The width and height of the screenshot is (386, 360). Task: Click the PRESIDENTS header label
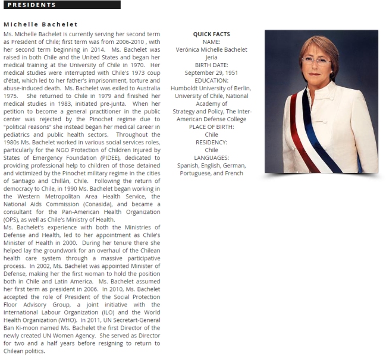point(32,5)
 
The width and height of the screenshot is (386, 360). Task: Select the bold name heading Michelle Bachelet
point(40,24)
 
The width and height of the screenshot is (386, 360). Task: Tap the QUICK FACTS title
point(211,34)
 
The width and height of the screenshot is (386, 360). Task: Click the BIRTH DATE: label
point(211,65)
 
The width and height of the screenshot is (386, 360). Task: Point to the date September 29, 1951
point(211,73)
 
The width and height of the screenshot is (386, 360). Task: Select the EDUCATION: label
point(211,81)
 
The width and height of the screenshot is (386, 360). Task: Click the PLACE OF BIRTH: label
point(211,127)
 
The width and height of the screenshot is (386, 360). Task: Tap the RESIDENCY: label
point(211,143)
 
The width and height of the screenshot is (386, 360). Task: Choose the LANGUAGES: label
point(211,158)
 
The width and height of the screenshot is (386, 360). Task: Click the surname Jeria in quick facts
point(211,58)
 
